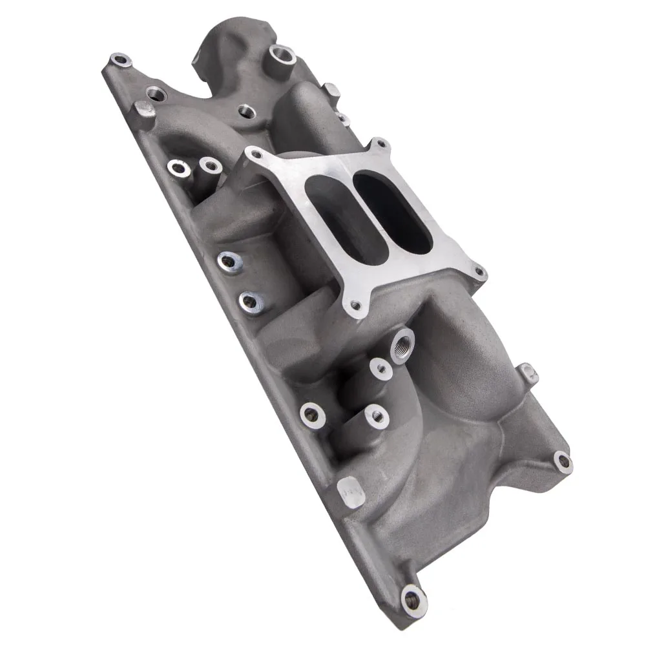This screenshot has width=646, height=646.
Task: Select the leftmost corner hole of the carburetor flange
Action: [x=256, y=154]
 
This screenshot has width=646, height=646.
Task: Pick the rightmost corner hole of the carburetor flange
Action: [x=478, y=273]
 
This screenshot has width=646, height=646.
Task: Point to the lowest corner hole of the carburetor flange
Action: [x=355, y=304]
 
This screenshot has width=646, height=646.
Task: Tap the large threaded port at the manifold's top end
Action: [x=282, y=52]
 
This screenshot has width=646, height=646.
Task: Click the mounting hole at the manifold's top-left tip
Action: [x=120, y=61]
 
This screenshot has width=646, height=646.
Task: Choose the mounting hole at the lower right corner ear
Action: [x=563, y=461]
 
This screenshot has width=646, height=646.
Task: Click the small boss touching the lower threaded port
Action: [x=381, y=369]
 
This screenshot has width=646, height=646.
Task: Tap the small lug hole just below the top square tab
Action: [x=342, y=118]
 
